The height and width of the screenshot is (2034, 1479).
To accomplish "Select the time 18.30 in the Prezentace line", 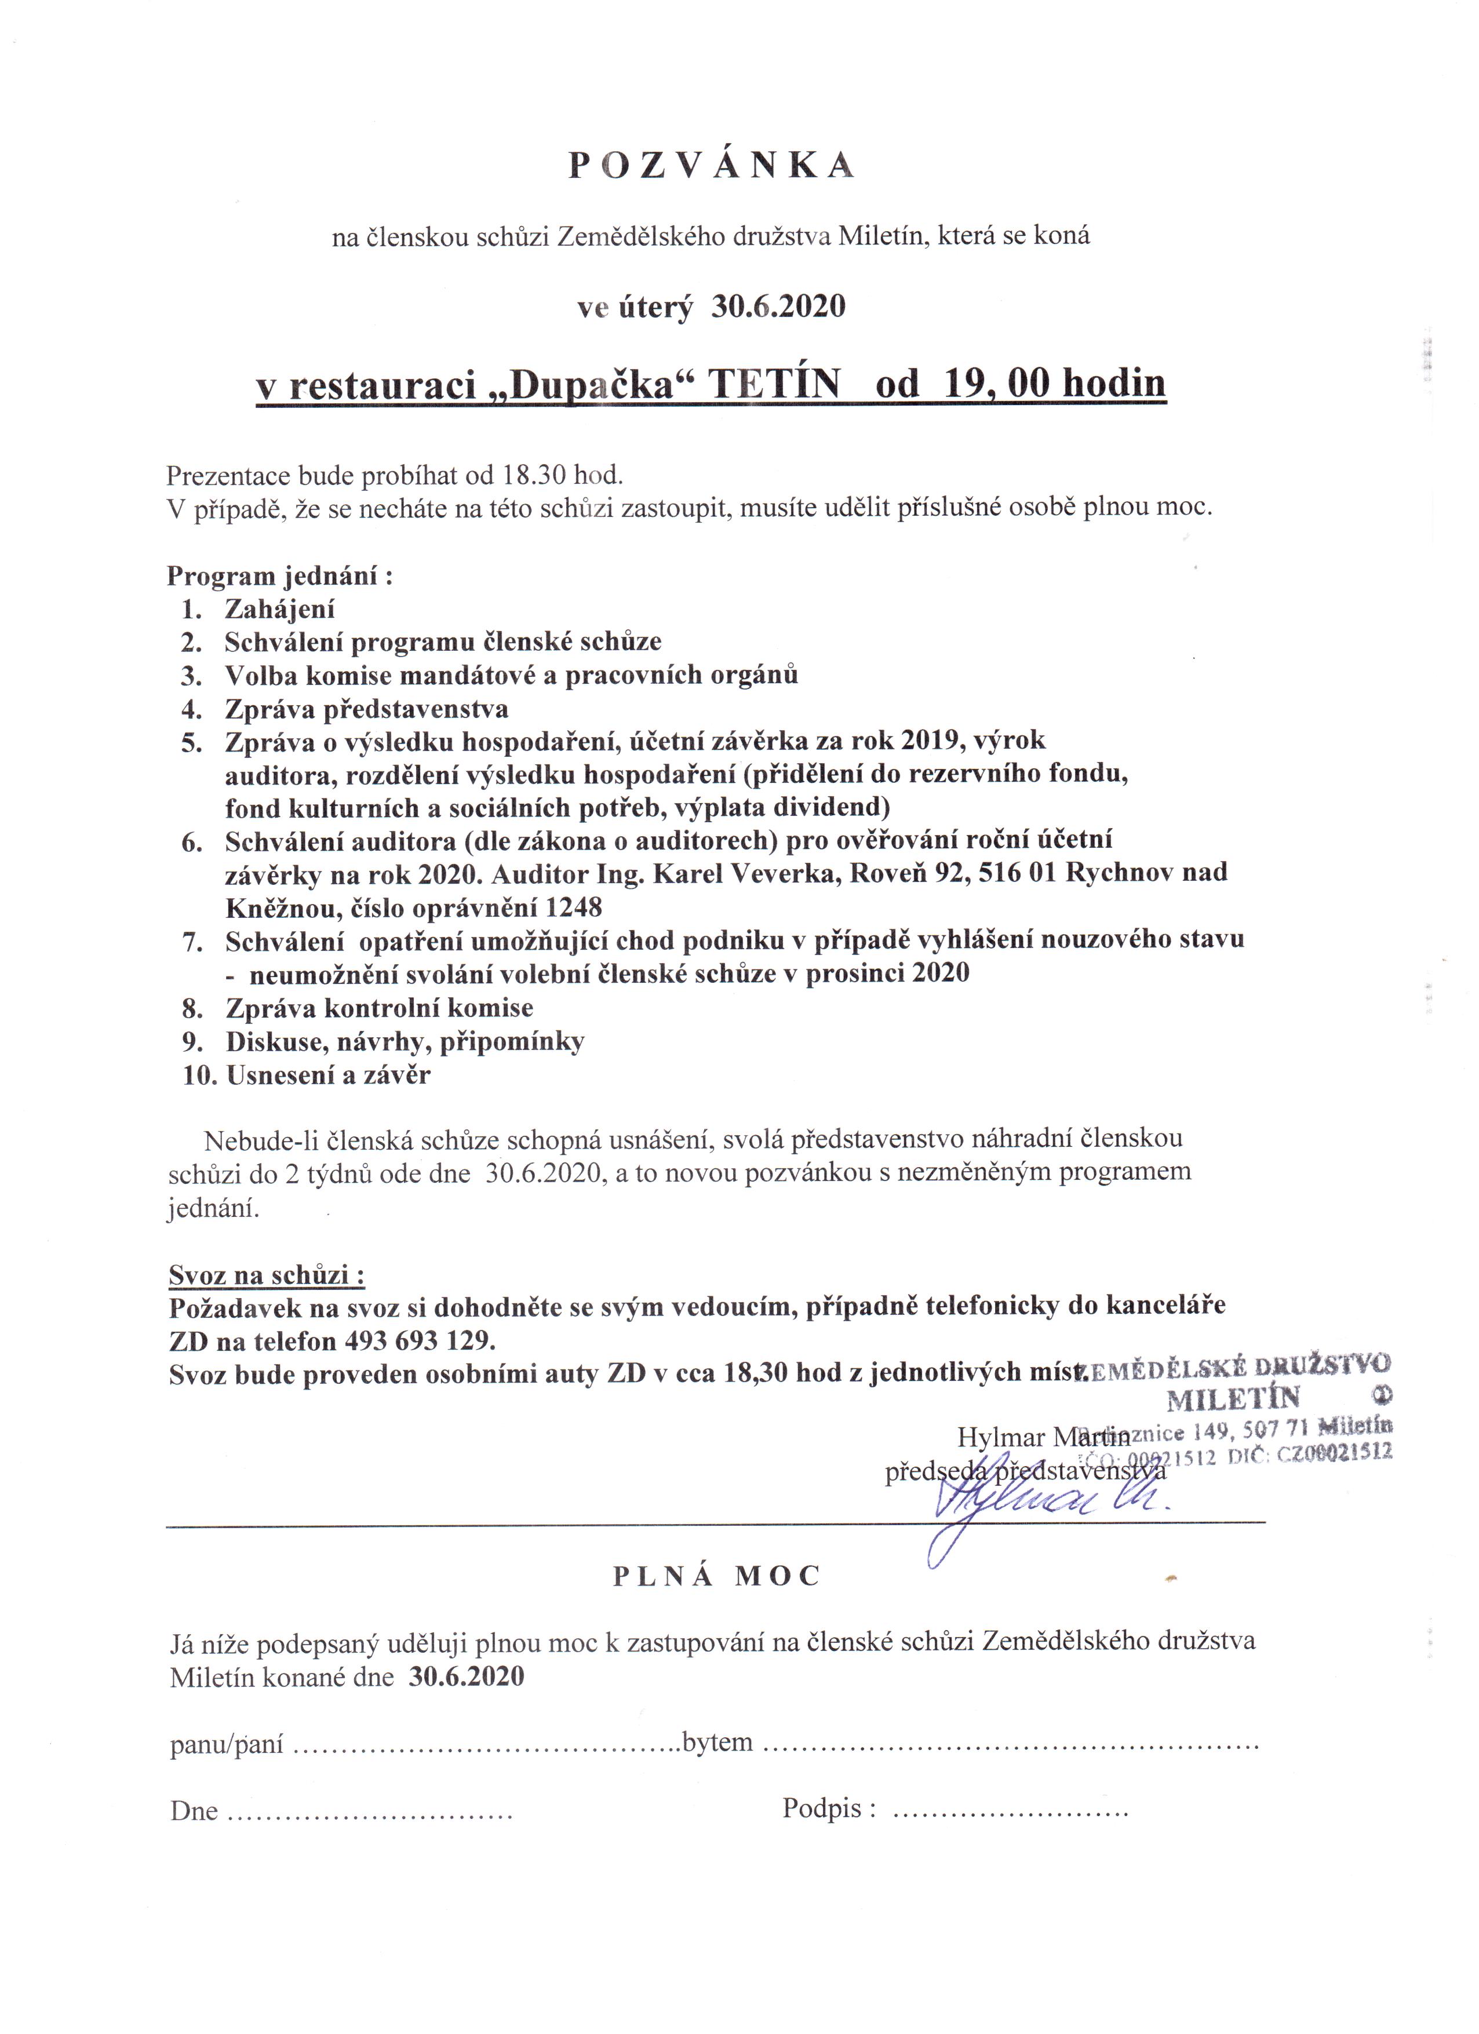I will pyautogui.click(x=534, y=475).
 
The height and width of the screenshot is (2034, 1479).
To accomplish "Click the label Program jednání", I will pyautogui.click(x=280, y=576).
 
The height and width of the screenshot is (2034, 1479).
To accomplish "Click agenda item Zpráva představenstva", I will pyautogui.click(x=366, y=709).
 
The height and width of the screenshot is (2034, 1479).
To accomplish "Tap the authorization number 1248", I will pyautogui.click(x=573, y=907).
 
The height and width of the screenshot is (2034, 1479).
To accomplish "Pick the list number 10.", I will pyautogui.click(x=200, y=1076).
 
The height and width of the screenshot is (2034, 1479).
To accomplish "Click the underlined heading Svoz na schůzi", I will pyautogui.click(x=267, y=1275).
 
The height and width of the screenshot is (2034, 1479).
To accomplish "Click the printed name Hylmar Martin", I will pyautogui.click(x=1043, y=1438).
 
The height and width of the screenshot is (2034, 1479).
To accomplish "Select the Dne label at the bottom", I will pyautogui.click(x=194, y=1811).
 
